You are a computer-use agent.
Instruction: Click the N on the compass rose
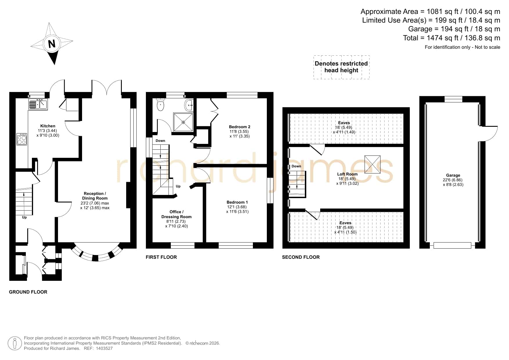(52, 44)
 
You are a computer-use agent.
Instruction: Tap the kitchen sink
(38, 104)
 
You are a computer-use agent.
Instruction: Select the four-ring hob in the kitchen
(22, 139)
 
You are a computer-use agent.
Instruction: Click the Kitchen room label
(48, 126)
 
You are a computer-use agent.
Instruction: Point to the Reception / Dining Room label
(95, 196)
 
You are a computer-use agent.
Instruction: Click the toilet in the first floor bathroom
(160, 105)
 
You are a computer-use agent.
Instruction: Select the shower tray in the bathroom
(183, 122)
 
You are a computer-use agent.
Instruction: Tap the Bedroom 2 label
(240, 127)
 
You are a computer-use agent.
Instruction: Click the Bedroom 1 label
(237, 202)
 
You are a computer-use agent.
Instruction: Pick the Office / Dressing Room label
(177, 214)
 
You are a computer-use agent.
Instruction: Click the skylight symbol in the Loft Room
(372, 164)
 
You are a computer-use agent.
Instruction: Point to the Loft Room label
(347, 174)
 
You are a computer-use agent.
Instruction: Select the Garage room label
(453, 175)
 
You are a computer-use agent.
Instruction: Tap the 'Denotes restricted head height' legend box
(341, 67)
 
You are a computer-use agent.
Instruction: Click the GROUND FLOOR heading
(28, 292)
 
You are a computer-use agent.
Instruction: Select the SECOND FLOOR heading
(301, 257)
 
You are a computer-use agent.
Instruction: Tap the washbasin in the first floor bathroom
(189, 106)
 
